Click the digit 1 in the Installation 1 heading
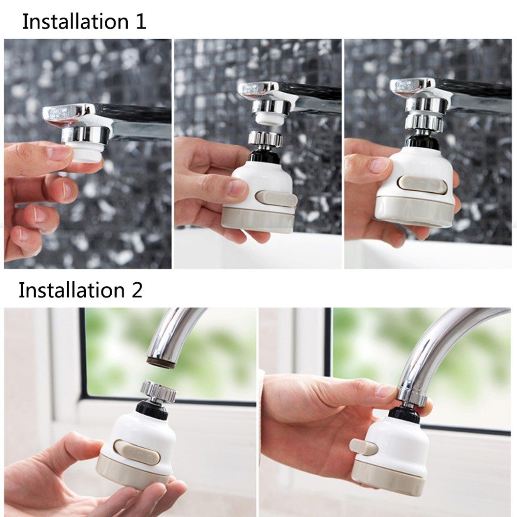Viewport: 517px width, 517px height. click(x=141, y=22)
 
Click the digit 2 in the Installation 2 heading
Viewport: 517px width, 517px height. click(x=136, y=290)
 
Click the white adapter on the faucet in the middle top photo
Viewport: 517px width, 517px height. click(x=269, y=119)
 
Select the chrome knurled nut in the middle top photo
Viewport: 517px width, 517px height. click(x=266, y=138)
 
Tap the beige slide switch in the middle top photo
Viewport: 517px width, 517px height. click(x=276, y=199)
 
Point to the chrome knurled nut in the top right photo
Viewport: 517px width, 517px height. click(x=423, y=122)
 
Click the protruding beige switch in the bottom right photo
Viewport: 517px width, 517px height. click(x=363, y=447)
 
